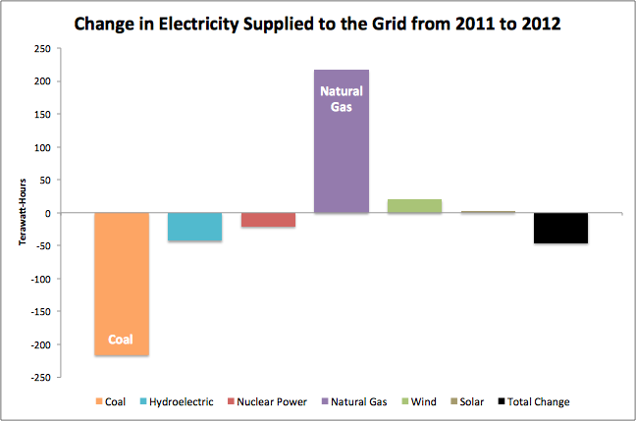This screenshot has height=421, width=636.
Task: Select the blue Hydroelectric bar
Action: click(194, 227)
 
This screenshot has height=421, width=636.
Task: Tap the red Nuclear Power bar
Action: click(268, 220)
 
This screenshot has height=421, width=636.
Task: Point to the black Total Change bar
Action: click(560, 228)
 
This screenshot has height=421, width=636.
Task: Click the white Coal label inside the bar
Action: click(121, 342)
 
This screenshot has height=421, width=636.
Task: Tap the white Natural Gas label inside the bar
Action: click(342, 98)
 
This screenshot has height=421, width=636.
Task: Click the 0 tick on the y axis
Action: click(46, 213)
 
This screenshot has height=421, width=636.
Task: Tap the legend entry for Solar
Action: click(471, 401)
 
